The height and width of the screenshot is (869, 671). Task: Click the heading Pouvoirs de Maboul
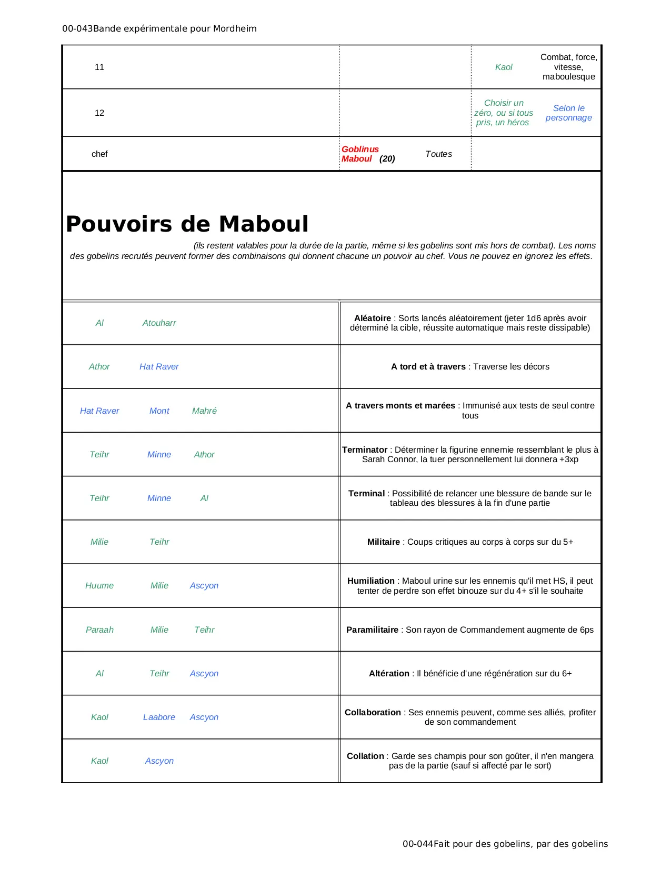tap(187, 224)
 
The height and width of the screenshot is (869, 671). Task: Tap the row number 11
tap(99, 67)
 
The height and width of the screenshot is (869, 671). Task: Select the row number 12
tap(99, 113)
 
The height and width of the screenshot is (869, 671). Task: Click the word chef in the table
tap(99, 154)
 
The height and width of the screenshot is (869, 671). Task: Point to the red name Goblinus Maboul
tap(360, 154)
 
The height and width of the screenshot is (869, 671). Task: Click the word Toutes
tap(438, 154)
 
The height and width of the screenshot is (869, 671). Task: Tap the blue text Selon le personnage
tap(568, 113)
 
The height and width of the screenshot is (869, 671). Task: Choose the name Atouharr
tap(159, 323)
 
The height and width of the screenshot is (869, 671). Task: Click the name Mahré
tap(204, 411)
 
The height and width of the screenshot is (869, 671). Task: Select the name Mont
tap(159, 411)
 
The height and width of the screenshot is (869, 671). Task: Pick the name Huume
tap(99, 586)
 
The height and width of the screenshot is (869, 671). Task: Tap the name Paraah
tap(99, 630)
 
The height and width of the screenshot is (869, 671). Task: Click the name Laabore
tap(159, 717)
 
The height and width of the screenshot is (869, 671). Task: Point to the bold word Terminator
tap(365, 450)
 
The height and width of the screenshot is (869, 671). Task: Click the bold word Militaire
tap(383, 542)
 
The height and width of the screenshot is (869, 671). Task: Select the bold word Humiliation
tap(370, 581)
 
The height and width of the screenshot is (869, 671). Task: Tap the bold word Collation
tap(365, 756)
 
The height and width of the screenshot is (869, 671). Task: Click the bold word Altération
tap(389, 674)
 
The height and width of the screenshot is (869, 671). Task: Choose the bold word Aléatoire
tap(373, 318)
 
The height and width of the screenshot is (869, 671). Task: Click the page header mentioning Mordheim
tap(159, 29)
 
